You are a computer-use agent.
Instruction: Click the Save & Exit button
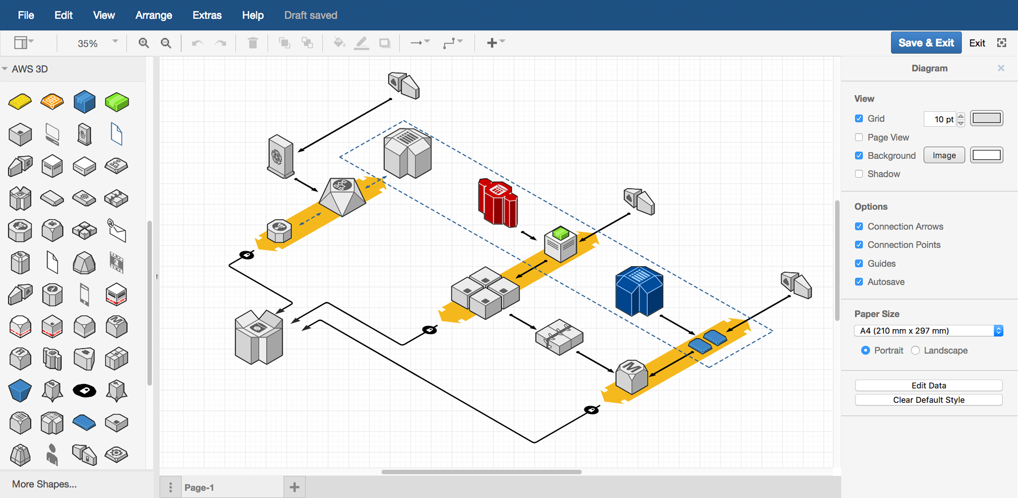(x=926, y=43)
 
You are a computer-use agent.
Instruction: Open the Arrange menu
(x=153, y=15)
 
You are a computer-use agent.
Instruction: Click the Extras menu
(x=207, y=15)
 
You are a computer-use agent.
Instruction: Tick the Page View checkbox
(x=859, y=137)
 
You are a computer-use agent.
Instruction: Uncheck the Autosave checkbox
(x=859, y=282)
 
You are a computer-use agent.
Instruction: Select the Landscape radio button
(x=915, y=350)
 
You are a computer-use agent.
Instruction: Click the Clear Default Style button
(x=928, y=400)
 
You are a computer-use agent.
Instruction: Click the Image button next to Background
(x=944, y=155)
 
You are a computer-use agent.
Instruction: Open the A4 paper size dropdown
(x=928, y=330)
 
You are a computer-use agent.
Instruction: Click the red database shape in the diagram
(x=497, y=203)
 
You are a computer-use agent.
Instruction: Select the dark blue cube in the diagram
(x=639, y=292)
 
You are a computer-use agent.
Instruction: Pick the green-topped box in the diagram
(x=560, y=243)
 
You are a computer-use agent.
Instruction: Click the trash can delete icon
(x=253, y=43)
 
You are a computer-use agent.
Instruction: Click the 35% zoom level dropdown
(x=97, y=43)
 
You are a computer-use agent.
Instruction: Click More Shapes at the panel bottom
(x=44, y=484)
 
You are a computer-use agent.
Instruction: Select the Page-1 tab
(x=199, y=487)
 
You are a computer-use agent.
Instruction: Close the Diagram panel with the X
(x=1000, y=68)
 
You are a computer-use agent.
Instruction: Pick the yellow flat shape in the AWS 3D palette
(x=20, y=101)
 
